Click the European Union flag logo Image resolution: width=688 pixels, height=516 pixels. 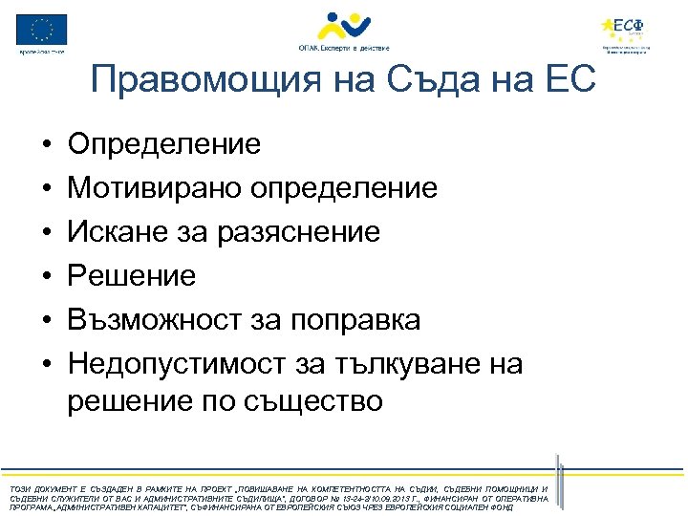42,30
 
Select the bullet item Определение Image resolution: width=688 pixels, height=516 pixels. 163,144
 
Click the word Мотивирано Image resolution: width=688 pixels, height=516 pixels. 155,188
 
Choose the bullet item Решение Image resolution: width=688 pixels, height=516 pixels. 132,276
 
